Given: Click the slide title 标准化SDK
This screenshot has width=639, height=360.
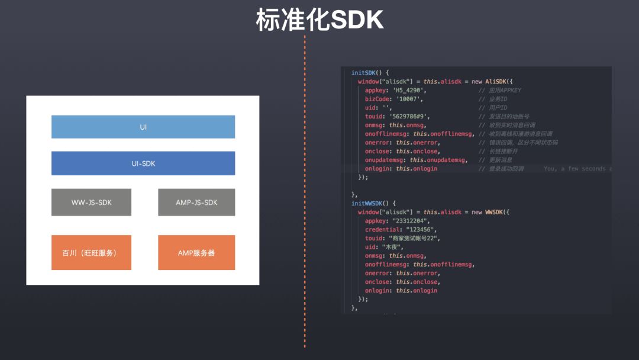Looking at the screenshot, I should point(319,20).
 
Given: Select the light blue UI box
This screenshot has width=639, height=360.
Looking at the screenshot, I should point(143,127).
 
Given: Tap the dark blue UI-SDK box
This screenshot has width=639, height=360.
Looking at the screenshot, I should point(143,163).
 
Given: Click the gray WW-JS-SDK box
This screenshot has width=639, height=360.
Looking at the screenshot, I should point(91,202).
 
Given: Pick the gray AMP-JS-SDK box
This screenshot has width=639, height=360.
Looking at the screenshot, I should point(196,202).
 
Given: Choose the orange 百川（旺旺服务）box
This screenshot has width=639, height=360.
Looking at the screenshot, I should point(91,253).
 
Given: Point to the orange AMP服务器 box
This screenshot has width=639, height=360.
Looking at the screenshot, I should point(196,253).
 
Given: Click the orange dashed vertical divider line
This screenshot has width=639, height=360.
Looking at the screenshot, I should point(305,189).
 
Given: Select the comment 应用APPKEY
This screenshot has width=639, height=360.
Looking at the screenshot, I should point(504,91).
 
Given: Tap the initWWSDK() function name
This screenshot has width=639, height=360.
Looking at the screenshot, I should point(370,203).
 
